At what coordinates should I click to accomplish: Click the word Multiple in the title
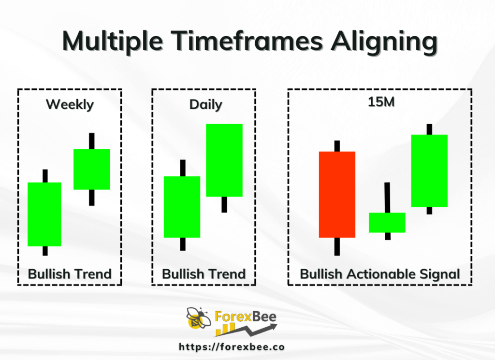113,42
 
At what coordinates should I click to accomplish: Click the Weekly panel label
70,104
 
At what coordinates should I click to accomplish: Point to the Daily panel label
205,104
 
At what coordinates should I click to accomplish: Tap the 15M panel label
381,102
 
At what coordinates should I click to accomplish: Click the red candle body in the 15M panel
337,195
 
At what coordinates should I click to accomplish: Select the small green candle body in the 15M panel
387,223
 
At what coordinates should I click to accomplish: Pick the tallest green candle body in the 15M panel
429,171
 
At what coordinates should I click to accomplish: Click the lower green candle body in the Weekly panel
44,214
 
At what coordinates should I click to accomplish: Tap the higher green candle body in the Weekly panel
91,169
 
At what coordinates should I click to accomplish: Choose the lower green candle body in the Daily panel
182,207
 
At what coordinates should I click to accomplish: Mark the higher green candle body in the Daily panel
224,160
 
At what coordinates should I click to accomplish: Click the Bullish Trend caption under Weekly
70,274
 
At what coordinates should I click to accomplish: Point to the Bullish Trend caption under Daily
204,274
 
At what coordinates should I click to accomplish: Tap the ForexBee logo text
246,316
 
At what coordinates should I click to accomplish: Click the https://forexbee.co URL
232,347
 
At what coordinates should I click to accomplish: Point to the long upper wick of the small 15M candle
387,198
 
